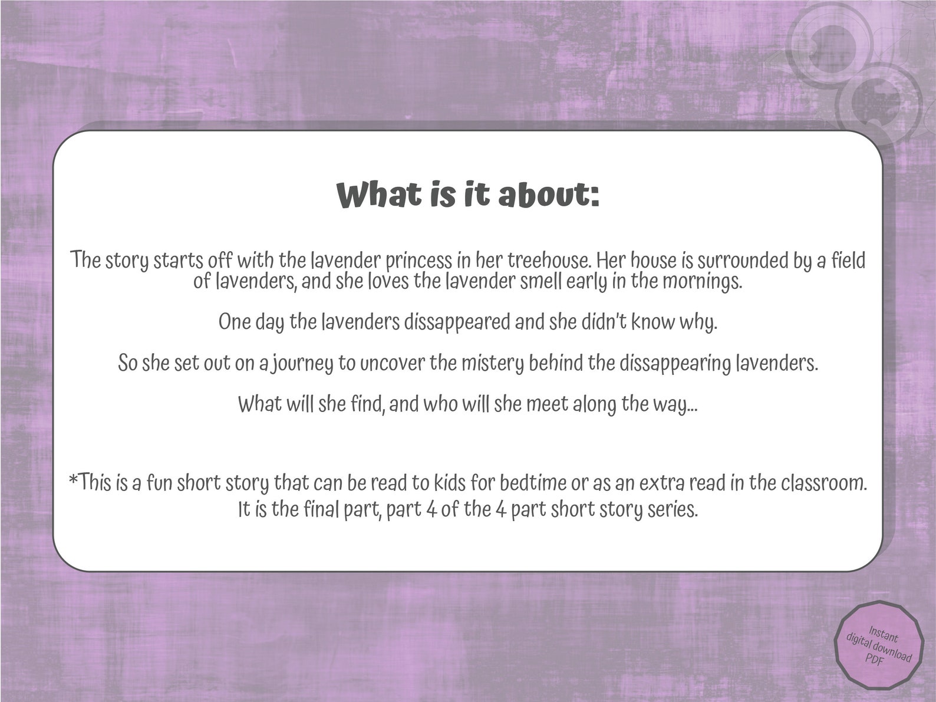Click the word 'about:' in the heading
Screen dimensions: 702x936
click(x=549, y=195)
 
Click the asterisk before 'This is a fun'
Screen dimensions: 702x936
click(x=74, y=481)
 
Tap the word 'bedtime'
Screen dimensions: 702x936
click(x=533, y=483)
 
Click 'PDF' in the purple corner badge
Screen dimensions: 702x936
click(x=875, y=661)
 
